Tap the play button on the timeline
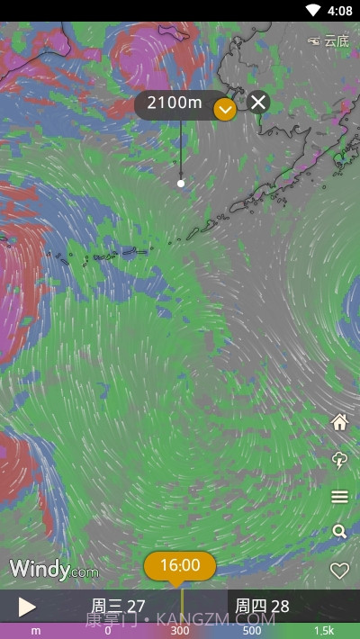(27, 607)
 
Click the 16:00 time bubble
(180, 565)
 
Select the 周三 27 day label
(118, 607)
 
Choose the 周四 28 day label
(262, 607)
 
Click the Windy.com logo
(54, 569)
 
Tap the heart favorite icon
(339, 571)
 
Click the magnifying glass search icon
(339, 532)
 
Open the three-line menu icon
(339, 497)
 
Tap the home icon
(339, 422)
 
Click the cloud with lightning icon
(339, 460)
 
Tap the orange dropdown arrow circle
(225, 110)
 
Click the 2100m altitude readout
(175, 103)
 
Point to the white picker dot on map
(181, 184)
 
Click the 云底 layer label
(328, 40)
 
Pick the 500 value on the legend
(252, 631)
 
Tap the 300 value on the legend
(180, 631)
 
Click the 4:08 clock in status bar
(340, 11)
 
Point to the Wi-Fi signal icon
(313, 11)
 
